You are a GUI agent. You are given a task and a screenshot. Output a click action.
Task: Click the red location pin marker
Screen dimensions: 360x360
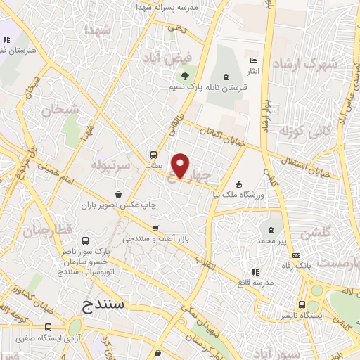click(181, 166)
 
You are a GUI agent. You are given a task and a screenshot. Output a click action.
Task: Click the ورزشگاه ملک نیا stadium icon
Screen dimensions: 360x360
click(239, 184)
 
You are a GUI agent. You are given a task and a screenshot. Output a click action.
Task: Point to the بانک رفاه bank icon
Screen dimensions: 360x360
click(297, 255)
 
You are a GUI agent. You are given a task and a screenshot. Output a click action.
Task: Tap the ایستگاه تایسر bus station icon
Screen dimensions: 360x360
click(302, 305)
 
